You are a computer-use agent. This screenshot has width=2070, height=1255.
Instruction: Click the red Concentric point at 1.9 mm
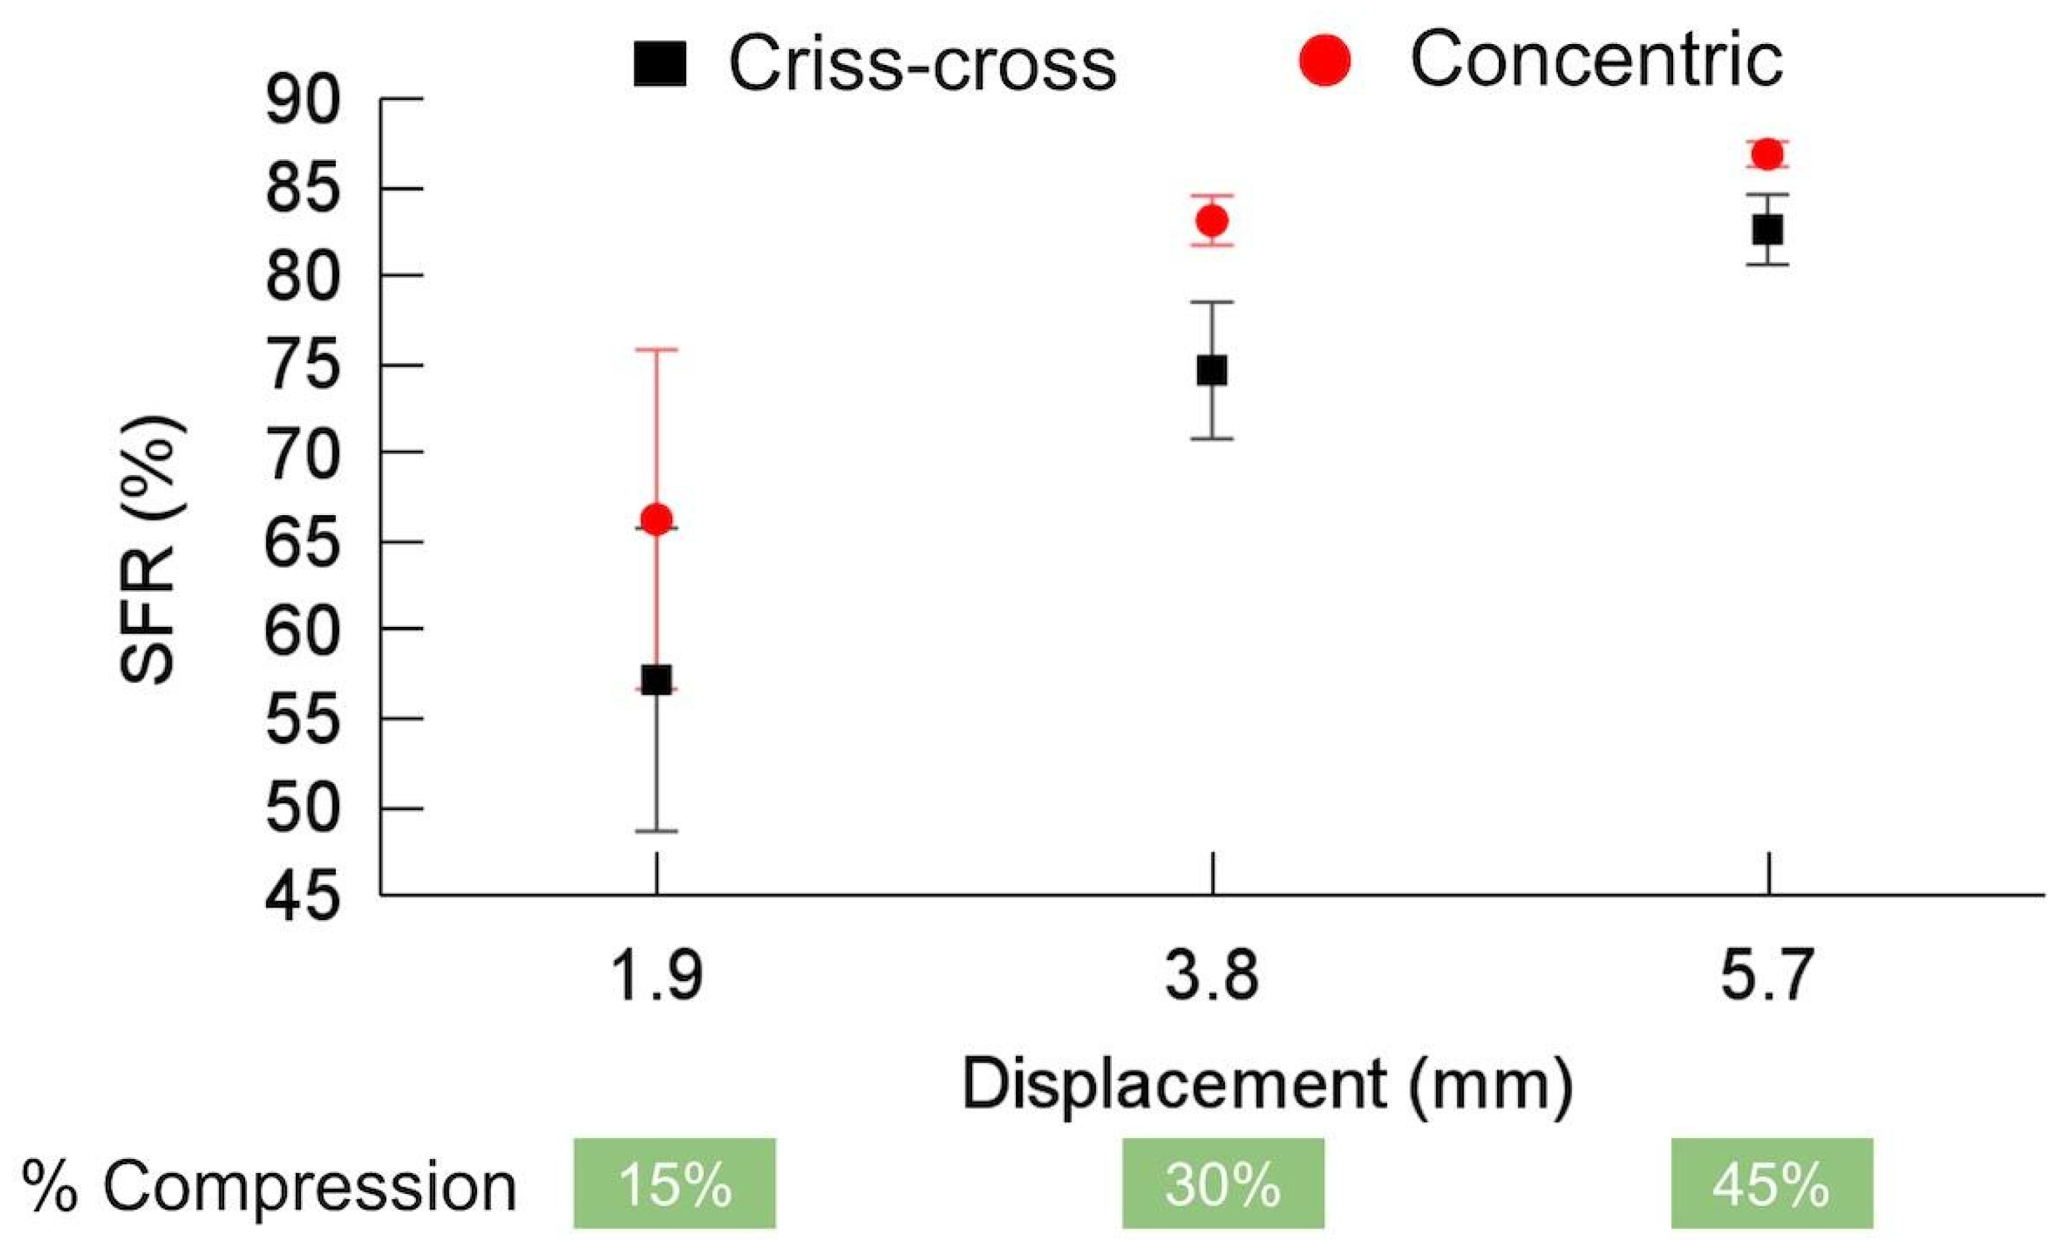click(656, 519)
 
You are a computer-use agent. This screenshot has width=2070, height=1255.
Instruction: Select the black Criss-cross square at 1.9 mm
click(656, 679)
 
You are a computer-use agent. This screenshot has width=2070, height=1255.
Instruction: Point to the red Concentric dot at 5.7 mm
click(1768, 154)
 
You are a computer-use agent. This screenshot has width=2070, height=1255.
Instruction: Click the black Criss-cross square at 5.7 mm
click(1768, 229)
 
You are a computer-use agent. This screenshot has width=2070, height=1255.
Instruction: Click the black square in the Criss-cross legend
click(660, 63)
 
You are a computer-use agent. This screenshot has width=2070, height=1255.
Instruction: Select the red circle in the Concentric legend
click(1325, 60)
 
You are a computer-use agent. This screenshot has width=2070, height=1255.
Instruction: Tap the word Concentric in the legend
click(1596, 60)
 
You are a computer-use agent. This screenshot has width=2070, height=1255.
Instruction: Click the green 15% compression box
click(675, 1183)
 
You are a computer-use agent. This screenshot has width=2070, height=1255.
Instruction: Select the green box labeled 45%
click(1772, 1183)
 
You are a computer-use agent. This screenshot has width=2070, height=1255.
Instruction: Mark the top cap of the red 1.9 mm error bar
click(656, 349)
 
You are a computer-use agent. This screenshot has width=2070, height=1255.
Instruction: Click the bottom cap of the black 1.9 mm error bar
click(656, 831)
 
